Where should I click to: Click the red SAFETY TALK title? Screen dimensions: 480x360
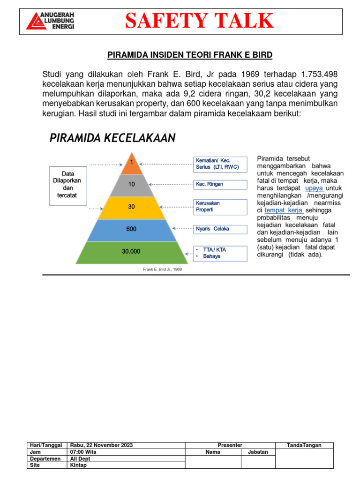click(x=199, y=21)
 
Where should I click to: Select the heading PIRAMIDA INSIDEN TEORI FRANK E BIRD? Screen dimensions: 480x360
click(x=190, y=55)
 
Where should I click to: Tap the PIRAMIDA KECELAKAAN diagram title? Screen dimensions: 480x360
click(x=112, y=138)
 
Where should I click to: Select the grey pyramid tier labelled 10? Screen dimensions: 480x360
click(x=132, y=185)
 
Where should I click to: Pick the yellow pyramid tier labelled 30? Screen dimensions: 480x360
click(x=132, y=207)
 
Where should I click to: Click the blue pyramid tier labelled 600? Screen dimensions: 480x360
click(x=132, y=229)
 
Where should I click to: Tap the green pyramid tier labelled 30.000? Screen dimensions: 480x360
click(x=132, y=252)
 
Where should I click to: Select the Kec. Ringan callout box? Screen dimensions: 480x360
click(x=220, y=184)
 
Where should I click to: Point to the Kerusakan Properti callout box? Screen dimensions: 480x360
click(x=220, y=207)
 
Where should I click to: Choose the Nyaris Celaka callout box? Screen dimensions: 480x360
click(x=220, y=229)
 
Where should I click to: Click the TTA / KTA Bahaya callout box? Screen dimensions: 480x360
click(x=220, y=253)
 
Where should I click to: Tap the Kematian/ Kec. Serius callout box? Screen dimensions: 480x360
click(x=220, y=164)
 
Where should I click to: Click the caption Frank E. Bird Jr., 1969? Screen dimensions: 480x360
click(x=162, y=270)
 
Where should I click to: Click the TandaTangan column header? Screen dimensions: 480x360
click(x=304, y=445)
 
